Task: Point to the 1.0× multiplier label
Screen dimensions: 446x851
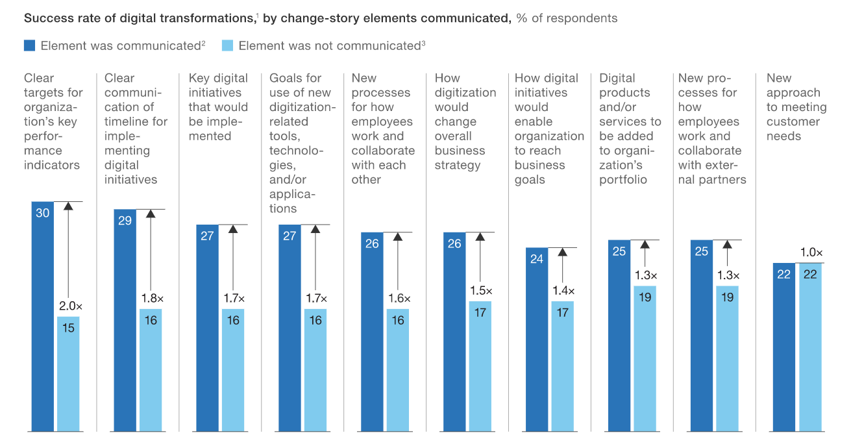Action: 810,253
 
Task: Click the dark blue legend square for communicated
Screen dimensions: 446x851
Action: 29,45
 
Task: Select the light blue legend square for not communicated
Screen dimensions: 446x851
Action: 227,45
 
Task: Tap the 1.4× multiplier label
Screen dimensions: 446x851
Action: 562,291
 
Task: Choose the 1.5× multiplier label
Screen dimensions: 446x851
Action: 480,291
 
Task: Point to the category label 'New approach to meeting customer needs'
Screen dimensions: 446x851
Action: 796,107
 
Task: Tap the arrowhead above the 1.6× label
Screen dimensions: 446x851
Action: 398,237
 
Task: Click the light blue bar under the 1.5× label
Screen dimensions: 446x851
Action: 480,366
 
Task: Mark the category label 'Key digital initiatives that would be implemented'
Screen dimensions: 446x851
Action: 218,107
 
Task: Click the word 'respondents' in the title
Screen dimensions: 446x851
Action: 580,18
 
